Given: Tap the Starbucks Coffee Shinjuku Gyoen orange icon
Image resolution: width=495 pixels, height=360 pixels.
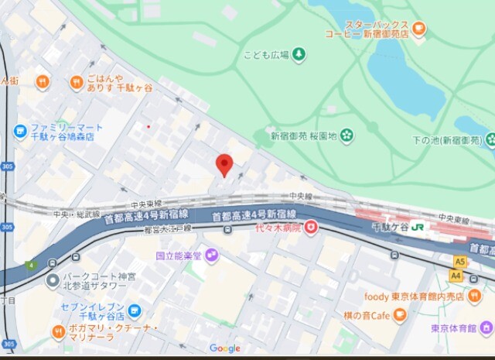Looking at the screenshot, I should pos(418,29).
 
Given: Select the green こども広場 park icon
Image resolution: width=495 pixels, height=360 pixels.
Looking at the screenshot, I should pos(298,54).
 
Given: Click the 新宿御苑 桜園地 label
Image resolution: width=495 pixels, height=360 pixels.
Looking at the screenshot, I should pos(304,136).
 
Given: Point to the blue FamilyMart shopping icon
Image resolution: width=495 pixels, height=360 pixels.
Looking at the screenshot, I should pos(21,132).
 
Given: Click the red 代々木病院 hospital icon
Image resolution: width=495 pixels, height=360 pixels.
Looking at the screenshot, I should pos(310,228).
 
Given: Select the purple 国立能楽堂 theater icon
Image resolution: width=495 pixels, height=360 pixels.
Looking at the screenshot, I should pos(211,255).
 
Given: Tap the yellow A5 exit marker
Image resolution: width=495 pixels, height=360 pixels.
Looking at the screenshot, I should pos(461,262).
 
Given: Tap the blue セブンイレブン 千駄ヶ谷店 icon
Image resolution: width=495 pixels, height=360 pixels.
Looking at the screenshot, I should pos(135,311).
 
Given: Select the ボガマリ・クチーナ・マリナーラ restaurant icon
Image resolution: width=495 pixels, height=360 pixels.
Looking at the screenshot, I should pos(59,332).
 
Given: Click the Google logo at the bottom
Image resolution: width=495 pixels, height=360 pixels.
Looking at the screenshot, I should pos(224,348).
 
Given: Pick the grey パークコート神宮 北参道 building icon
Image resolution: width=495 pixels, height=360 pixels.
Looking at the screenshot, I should pos(52,280).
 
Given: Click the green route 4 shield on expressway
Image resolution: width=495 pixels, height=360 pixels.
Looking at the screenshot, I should pos(31,266).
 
